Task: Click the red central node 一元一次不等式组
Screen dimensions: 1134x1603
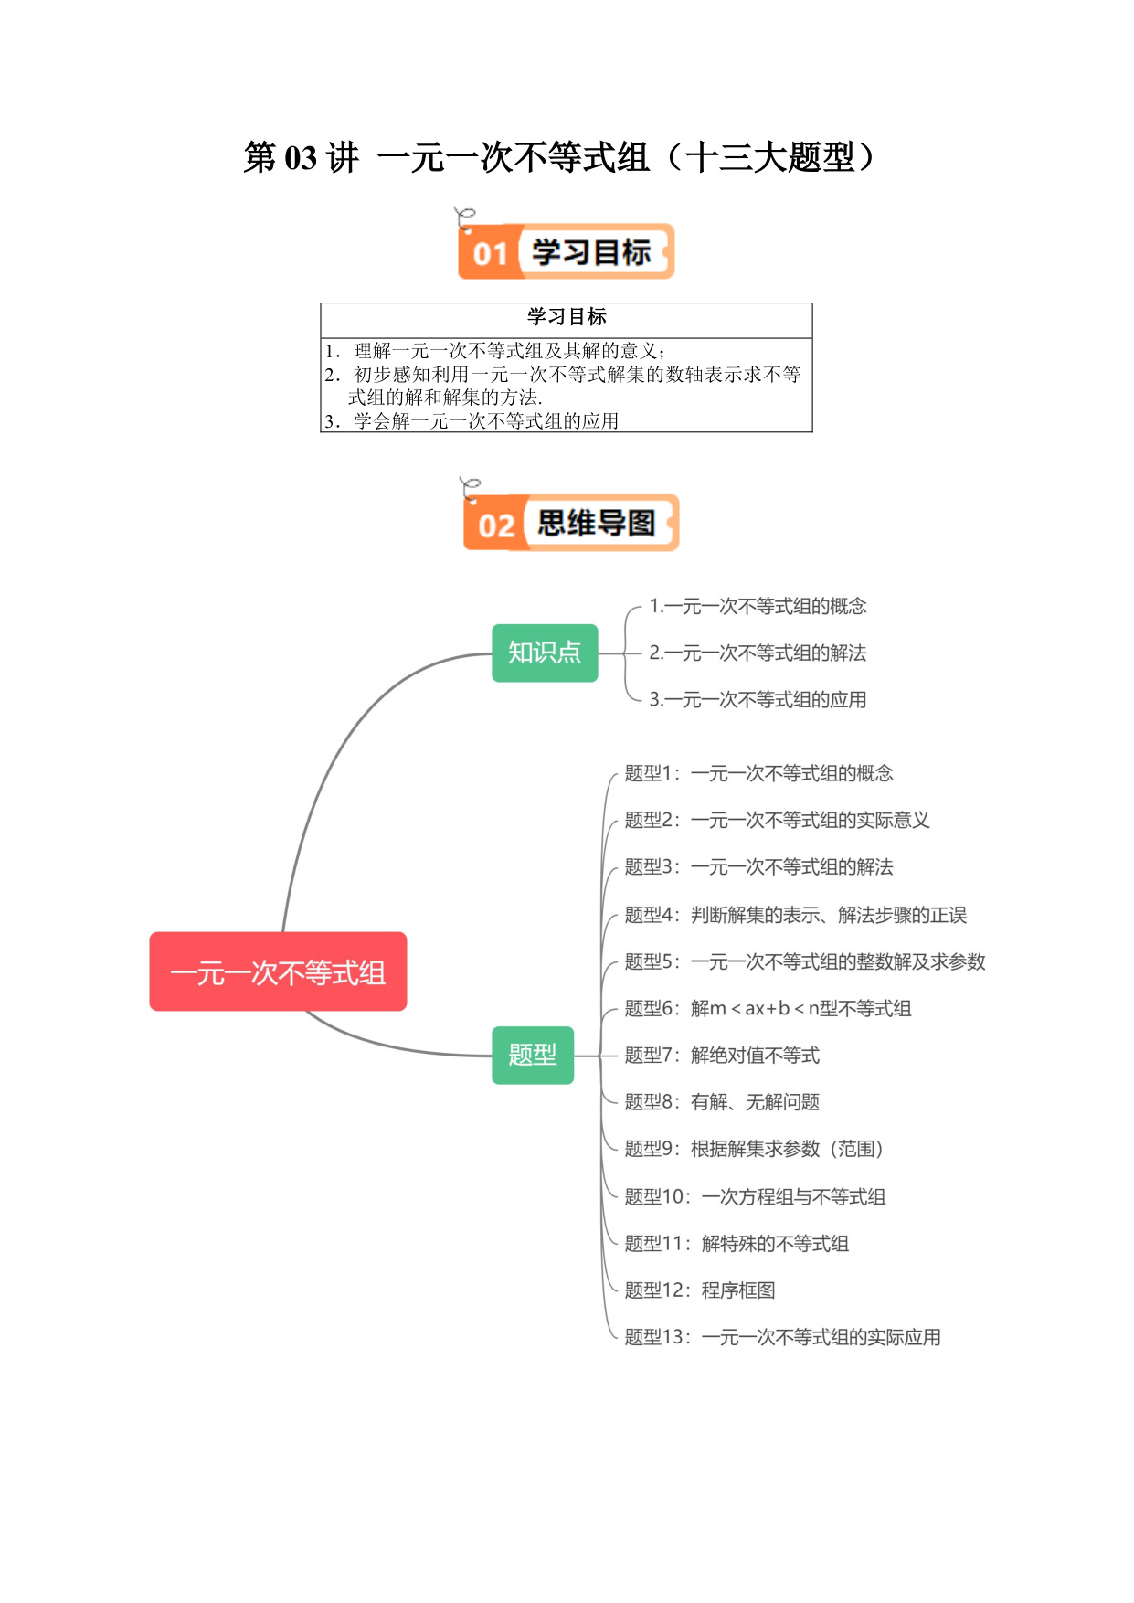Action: point(278,971)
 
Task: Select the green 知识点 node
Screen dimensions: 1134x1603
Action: point(545,653)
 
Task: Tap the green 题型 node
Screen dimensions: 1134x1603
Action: point(533,1056)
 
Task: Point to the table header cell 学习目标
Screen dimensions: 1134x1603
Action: point(567,317)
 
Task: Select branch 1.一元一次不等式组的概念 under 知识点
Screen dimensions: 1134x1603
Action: point(758,606)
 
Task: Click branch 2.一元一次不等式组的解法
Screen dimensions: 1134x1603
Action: point(758,653)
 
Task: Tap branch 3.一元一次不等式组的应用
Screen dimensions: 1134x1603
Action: point(758,699)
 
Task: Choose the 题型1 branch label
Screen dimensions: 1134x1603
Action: point(758,773)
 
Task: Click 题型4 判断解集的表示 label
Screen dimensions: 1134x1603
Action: point(795,915)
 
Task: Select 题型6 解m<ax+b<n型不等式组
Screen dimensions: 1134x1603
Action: point(768,1008)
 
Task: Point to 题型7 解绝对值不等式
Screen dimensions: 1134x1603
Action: point(722,1056)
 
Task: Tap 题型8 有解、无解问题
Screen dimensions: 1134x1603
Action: point(722,1102)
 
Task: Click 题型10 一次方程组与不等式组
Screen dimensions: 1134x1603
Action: point(755,1196)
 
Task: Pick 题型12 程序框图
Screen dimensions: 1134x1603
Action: point(700,1290)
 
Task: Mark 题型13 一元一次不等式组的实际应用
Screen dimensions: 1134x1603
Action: point(782,1337)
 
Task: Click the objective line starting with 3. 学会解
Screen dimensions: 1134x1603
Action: point(472,421)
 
